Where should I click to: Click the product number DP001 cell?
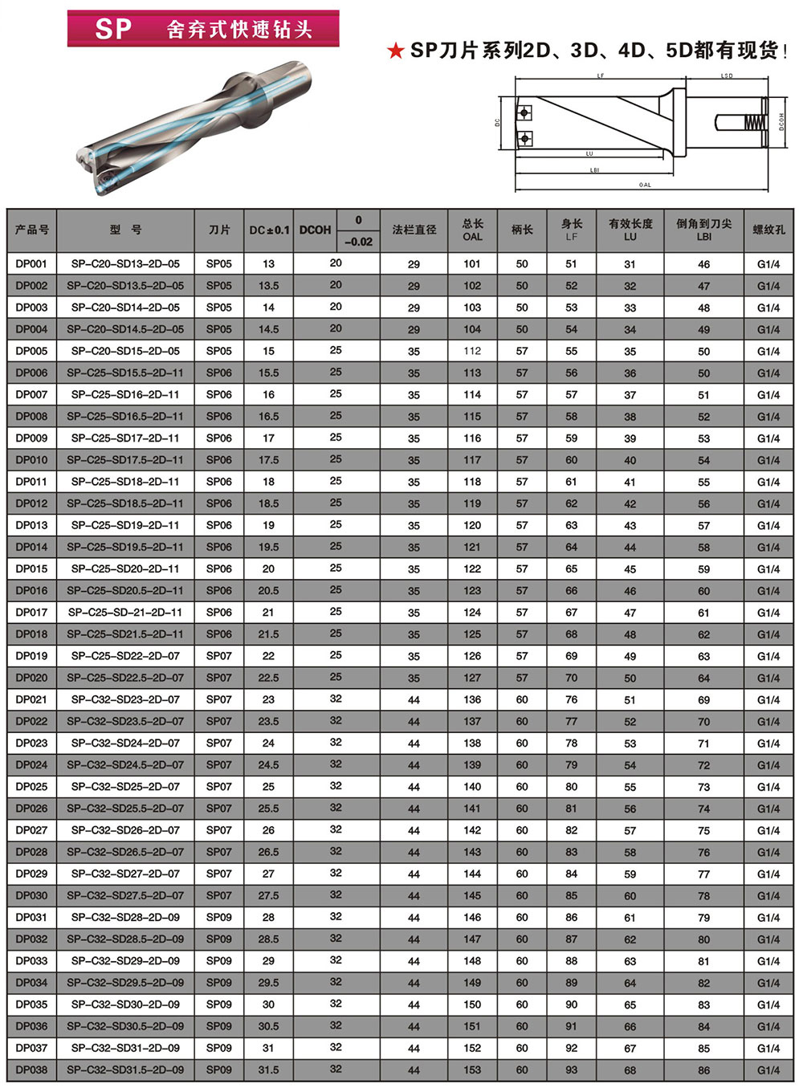pyautogui.click(x=31, y=263)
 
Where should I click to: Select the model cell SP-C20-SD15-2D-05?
pyautogui.click(x=125, y=351)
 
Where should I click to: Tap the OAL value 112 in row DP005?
pyautogui.click(x=472, y=351)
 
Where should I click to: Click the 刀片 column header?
pyautogui.click(x=219, y=230)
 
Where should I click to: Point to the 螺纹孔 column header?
pyautogui.click(x=768, y=230)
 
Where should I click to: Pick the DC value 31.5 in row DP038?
pyautogui.click(x=268, y=1070)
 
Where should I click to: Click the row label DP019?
pyautogui.click(x=31, y=656)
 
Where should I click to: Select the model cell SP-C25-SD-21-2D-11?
pyautogui.click(x=125, y=612)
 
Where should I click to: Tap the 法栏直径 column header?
pyautogui.click(x=414, y=230)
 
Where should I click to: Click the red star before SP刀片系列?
pyautogui.click(x=395, y=51)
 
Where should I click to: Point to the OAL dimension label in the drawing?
pyautogui.click(x=645, y=185)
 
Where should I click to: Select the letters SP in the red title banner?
pyautogui.click(x=113, y=30)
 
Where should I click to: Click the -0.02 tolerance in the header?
pyautogui.click(x=358, y=242)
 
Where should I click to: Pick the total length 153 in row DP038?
pyautogui.click(x=472, y=1070)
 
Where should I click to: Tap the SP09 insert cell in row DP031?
pyautogui.click(x=219, y=917)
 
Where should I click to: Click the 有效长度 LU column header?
pyautogui.click(x=630, y=230)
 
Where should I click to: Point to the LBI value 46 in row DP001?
pyautogui.click(x=704, y=264)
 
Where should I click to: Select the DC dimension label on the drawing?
pyautogui.click(x=498, y=123)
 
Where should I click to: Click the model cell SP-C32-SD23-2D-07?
pyautogui.click(x=125, y=699)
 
